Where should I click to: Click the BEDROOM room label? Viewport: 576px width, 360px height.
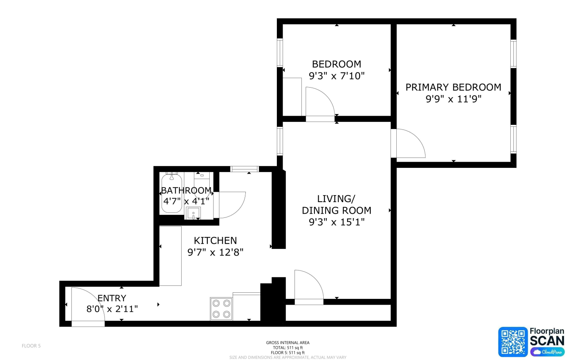point(336,64)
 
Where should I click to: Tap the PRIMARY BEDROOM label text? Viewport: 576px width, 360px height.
point(454,87)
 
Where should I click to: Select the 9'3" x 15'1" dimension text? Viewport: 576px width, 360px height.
point(337,222)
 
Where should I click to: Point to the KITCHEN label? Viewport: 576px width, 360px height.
point(215,241)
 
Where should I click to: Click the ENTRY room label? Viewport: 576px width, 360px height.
point(112,298)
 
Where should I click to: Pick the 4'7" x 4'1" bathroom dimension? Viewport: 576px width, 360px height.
point(186,201)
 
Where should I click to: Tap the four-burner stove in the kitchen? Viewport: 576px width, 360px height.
point(221,309)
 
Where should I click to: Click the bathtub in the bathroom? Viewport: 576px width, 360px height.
point(172,193)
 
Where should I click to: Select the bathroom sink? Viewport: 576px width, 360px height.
point(193,213)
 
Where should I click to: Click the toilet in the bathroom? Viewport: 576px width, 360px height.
point(202,185)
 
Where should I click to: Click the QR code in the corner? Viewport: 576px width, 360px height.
point(513,342)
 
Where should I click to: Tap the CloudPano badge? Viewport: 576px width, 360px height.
point(547,352)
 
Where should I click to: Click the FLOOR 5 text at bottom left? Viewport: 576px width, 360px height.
point(31,346)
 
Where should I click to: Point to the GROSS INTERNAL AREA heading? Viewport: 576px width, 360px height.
point(288,342)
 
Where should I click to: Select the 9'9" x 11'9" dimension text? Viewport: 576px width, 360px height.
point(454,99)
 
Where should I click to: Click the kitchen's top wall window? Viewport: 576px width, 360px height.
point(244,169)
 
